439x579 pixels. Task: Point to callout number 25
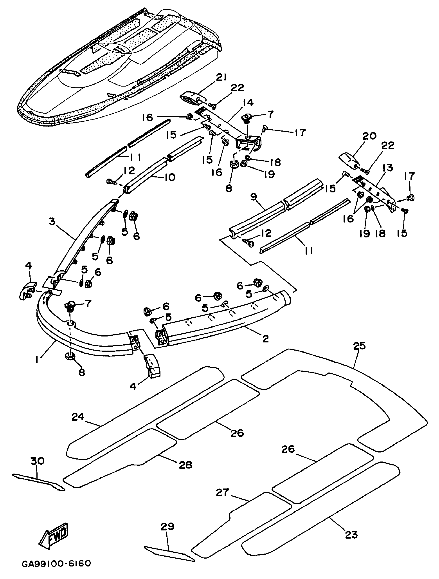359,346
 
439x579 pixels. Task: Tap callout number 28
185,465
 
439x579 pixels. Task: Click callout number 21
222,78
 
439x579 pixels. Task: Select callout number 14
248,103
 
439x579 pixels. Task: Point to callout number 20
370,136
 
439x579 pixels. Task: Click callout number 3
52,222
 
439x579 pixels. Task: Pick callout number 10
169,178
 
